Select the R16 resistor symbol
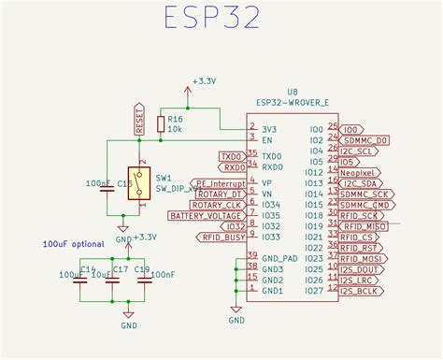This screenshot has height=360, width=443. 162,124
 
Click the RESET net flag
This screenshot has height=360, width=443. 140,119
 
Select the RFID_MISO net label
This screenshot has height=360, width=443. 364,226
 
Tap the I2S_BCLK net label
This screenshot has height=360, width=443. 360,291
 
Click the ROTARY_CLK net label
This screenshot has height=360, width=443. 220,205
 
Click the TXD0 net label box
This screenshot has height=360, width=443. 231,156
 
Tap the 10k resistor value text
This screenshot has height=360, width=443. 176,128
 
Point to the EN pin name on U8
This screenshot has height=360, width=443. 267,138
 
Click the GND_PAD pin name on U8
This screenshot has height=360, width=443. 279,258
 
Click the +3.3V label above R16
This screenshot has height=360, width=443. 203,82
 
